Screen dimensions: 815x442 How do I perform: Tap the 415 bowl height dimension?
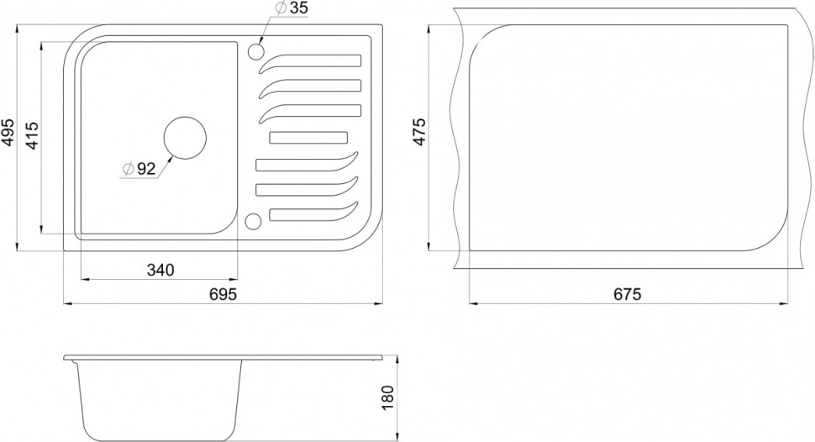(32, 136)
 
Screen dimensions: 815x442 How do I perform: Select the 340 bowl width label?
(160, 270)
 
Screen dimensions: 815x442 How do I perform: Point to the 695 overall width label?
(223, 294)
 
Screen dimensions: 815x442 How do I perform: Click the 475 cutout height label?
(419, 132)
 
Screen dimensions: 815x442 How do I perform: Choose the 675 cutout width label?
(628, 294)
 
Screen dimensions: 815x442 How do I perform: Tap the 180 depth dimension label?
(387, 397)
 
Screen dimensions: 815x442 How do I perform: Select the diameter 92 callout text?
(139, 168)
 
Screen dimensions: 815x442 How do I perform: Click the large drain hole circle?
(185, 137)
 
